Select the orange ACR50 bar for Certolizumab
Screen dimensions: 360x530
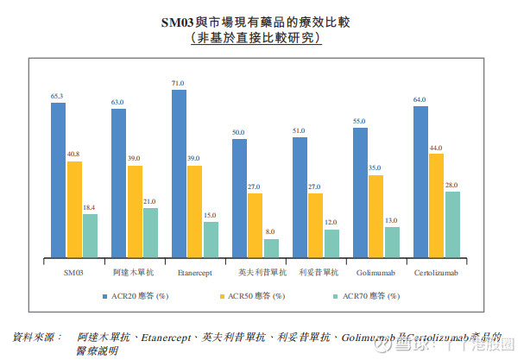[x=436, y=205]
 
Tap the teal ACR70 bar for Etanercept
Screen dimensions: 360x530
[x=211, y=239]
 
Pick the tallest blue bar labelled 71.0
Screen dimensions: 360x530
[x=179, y=173]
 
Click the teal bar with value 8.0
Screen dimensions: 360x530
[x=271, y=248]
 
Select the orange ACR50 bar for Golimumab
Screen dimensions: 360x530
[x=375, y=216]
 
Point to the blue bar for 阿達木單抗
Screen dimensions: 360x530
[x=118, y=183]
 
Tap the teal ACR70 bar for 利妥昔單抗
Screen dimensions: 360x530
[x=331, y=243]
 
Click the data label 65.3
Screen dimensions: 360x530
[x=57, y=97]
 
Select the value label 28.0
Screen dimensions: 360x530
[x=452, y=185]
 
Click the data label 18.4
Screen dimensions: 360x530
[x=90, y=208]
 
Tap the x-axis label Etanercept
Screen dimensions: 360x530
[x=195, y=273]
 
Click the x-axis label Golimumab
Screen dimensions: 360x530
[x=375, y=273]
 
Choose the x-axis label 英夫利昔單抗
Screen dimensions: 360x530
[x=256, y=273]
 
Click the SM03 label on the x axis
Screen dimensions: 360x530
[x=73, y=273]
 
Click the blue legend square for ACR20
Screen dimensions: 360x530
[x=103, y=296]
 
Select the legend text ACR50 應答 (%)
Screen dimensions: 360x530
[x=259, y=296]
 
